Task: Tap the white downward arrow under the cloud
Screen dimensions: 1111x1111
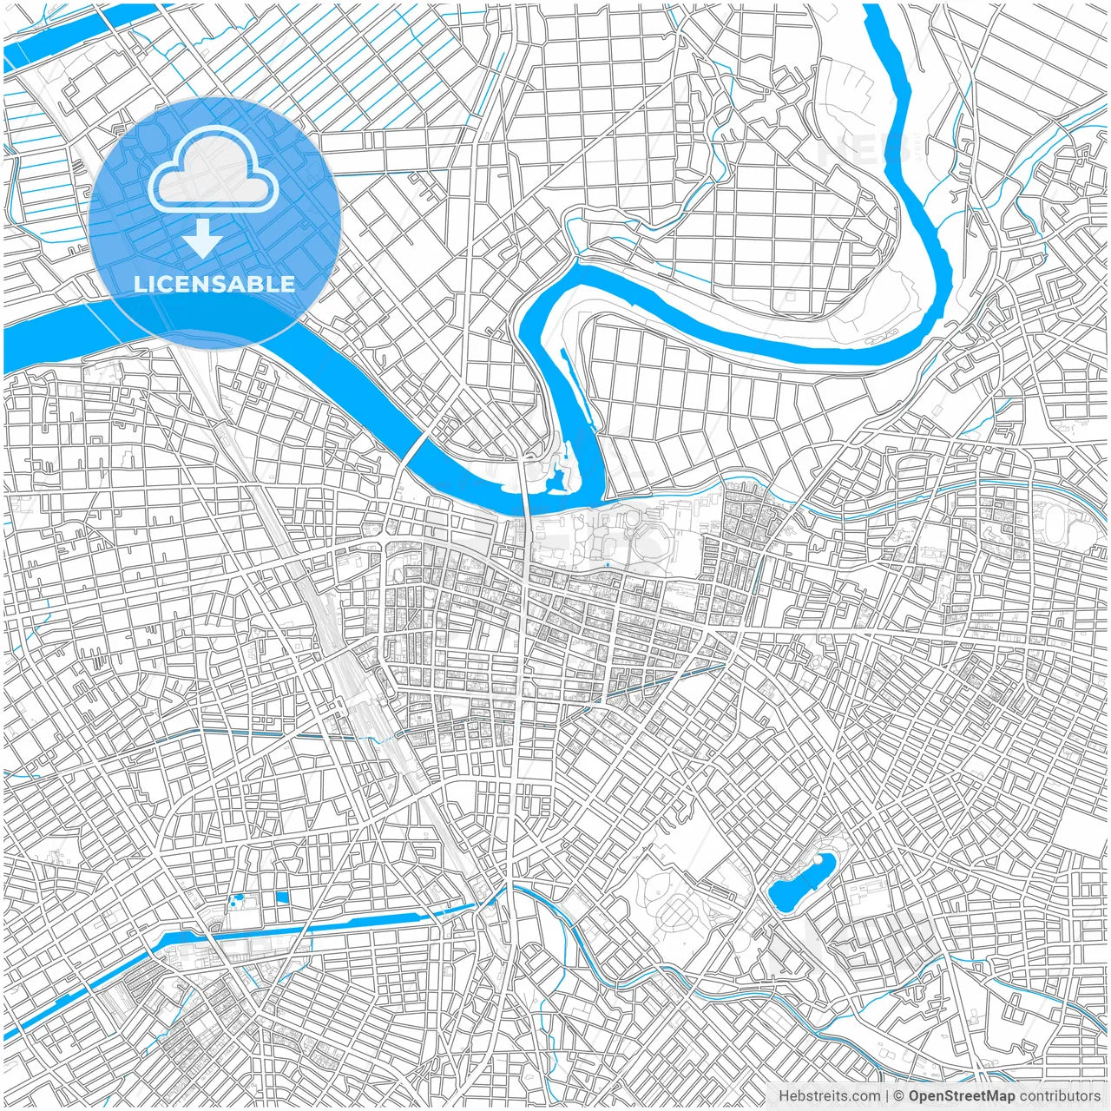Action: point(203,239)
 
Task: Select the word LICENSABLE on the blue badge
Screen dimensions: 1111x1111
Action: point(214,284)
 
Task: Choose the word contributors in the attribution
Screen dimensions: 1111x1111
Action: point(1059,1095)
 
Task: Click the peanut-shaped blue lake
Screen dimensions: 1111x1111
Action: point(800,883)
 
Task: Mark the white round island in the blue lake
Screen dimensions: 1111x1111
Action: point(821,864)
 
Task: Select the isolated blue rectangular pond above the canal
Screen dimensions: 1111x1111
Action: point(281,897)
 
